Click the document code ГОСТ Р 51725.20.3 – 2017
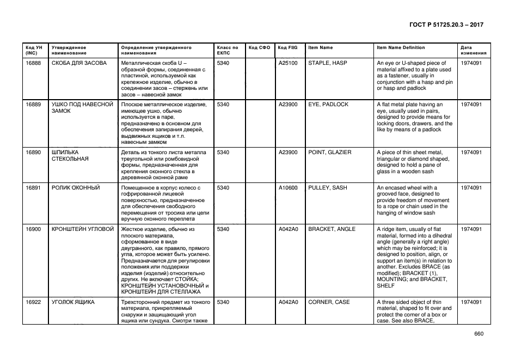coord(445,25)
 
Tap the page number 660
coord(479,334)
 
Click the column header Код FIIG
coord(287,48)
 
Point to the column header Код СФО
coord(259,48)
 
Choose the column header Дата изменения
coord(471,51)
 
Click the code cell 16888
coord(33,63)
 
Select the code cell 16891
coord(33,188)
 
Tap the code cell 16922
coord(33,302)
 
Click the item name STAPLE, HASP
coord(328,63)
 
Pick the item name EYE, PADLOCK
coord(328,105)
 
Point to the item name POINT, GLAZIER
coord(330,152)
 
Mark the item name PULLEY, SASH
coord(328,188)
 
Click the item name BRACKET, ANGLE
coord(332,229)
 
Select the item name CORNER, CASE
coord(329,302)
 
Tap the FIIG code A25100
coord(288,63)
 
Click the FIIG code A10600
coord(288,188)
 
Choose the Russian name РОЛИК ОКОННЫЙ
coord(76,188)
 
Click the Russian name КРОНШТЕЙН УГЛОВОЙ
coord(83,229)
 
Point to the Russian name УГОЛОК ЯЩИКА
coord(73,302)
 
